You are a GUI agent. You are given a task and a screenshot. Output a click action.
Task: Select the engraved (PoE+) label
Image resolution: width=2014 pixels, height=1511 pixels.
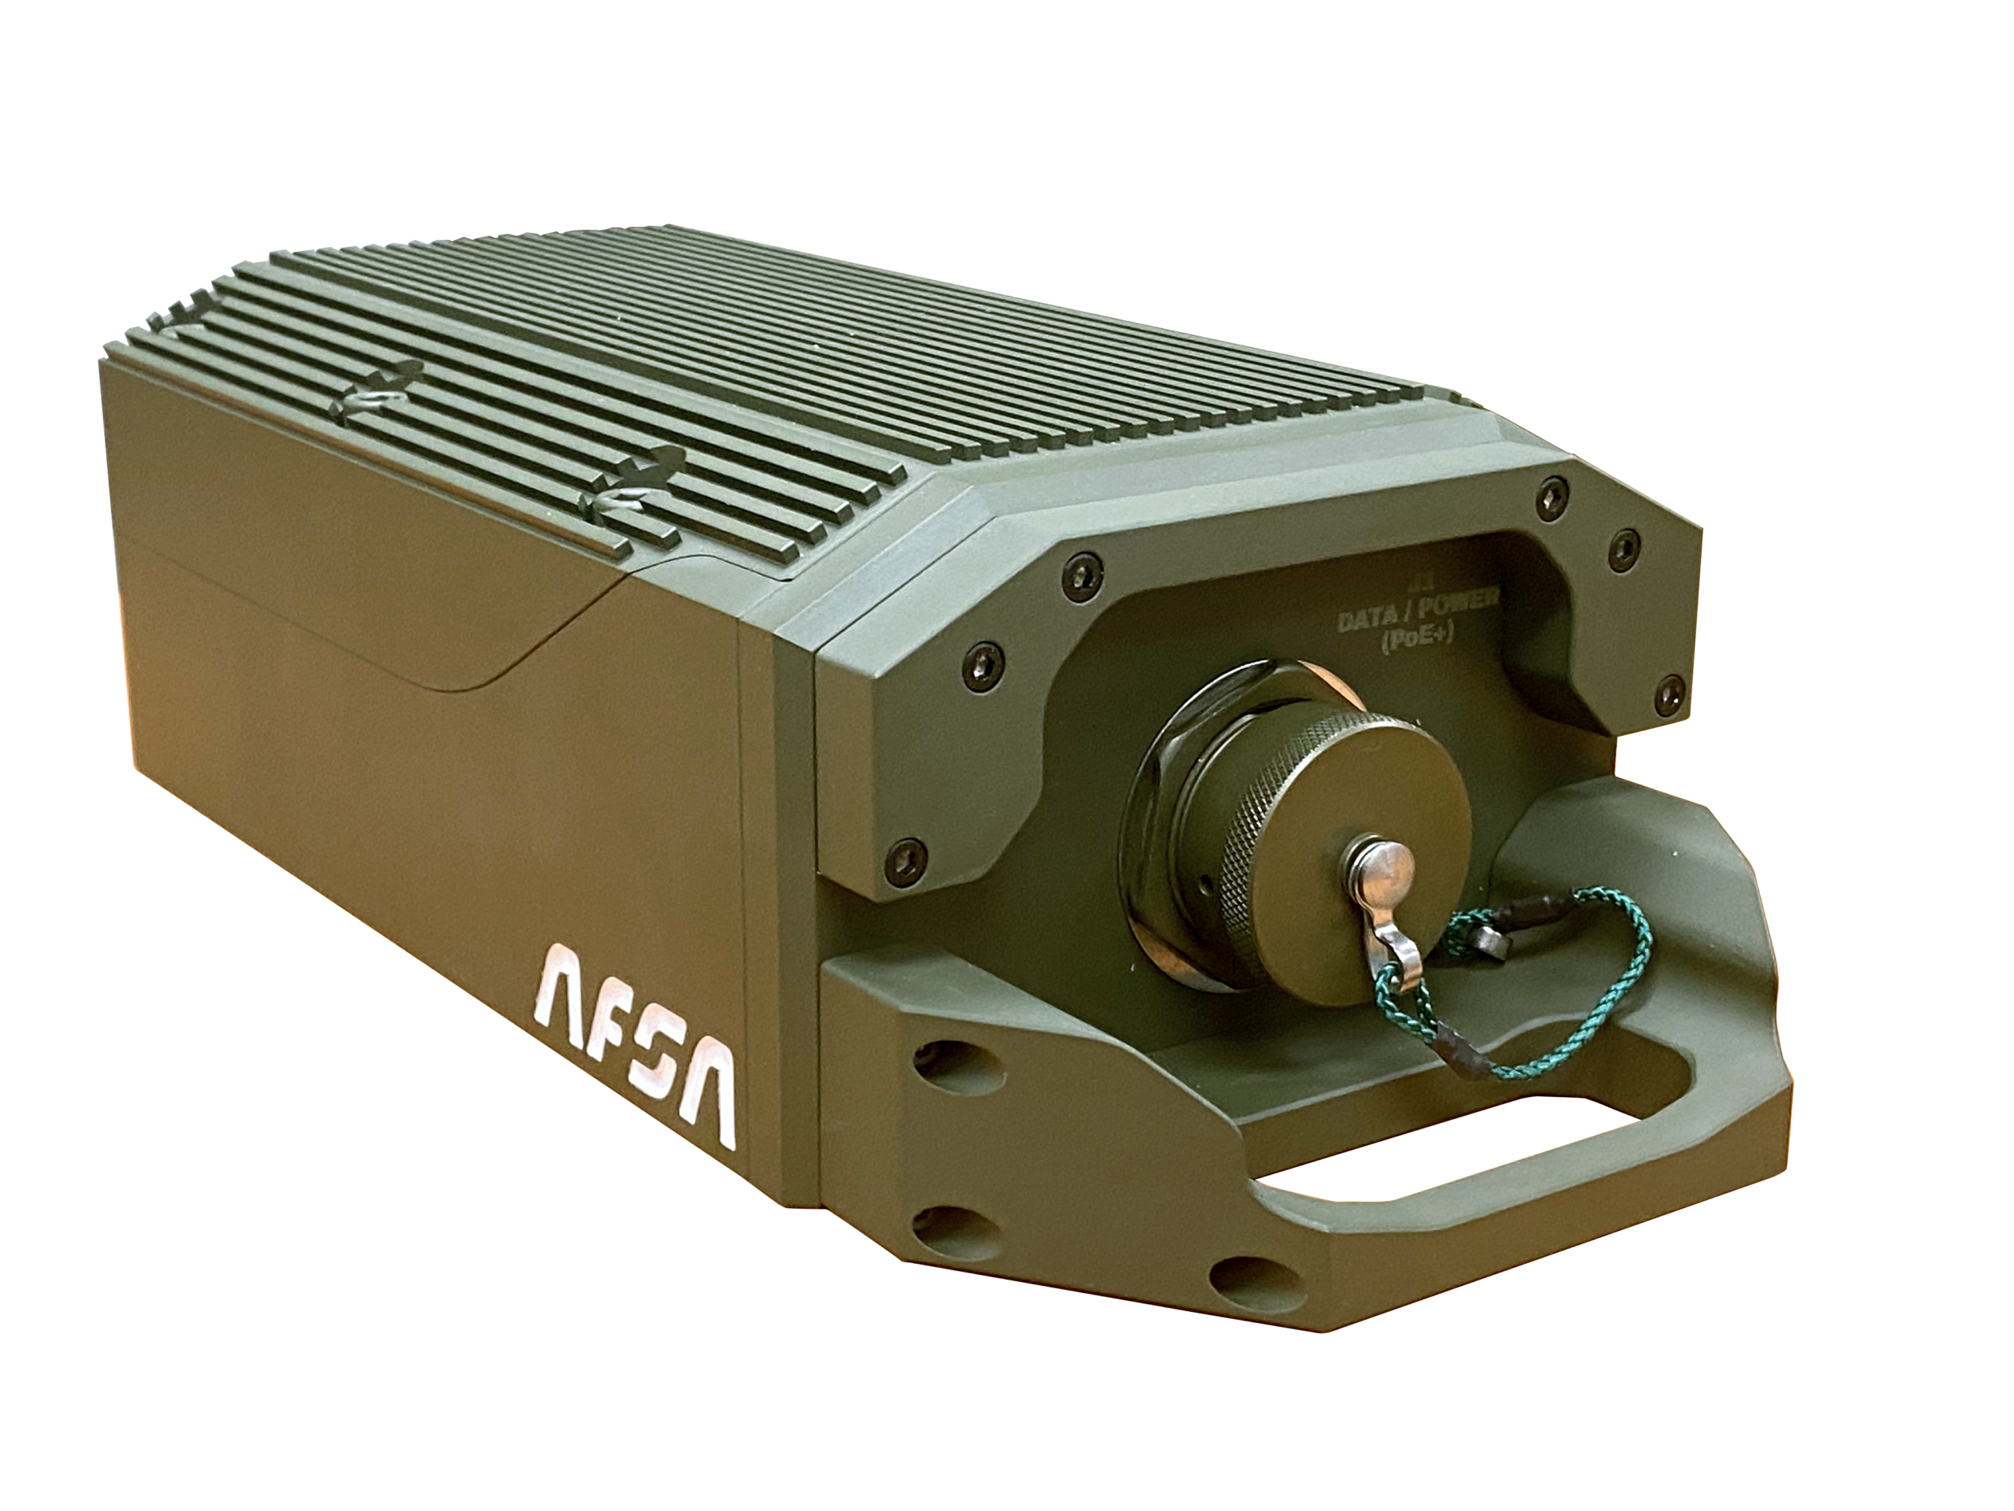pos(1416,642)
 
